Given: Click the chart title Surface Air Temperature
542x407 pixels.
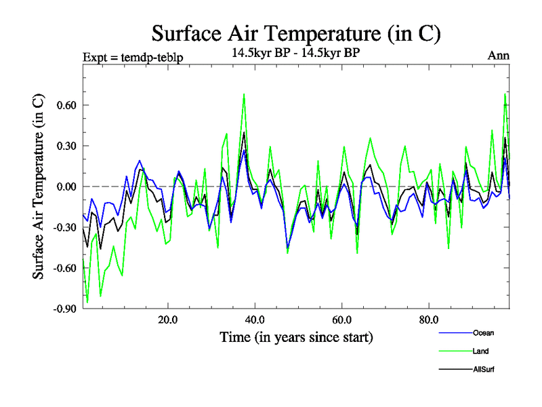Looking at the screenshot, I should [296, 33].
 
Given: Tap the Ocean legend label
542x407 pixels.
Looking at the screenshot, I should [483, 332].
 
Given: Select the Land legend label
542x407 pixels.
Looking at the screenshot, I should [481, 351].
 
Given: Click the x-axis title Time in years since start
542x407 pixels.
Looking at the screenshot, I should [296, 337].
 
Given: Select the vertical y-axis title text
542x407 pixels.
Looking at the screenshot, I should [39, 187].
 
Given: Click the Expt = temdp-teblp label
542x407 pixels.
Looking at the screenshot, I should [132, 57].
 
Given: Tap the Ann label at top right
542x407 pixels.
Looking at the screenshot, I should [499, 56].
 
